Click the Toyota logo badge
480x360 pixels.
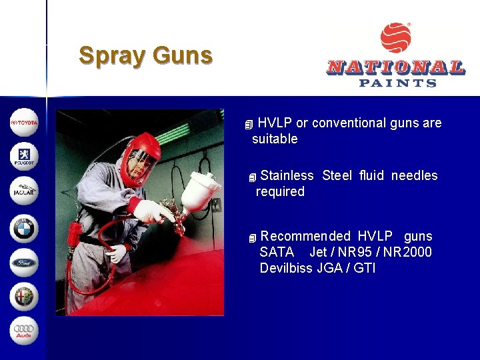click(24, 123)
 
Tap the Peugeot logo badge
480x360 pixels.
click(24, 157)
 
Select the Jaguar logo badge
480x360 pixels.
click(24, 192)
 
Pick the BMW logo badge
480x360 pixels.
click(24, 227)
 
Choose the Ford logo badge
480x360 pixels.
click(24, 262)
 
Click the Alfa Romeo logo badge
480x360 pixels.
click(24, 297)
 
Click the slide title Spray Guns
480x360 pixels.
click(145, 55)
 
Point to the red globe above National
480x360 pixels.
click(396, 38)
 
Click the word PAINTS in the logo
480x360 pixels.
click(397, 83)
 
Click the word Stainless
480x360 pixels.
click(287, 175)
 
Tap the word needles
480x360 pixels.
click(414, 175)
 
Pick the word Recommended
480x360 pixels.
click(305, 236)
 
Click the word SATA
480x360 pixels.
click(277, 252)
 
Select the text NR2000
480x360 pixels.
click(408, 252)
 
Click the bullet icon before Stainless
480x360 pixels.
click(251, 177)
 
